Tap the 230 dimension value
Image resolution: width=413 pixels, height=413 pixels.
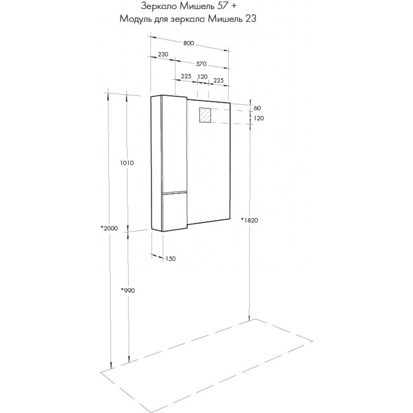click(x=163, y=55)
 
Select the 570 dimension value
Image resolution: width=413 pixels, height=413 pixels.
click(x=201, y=64)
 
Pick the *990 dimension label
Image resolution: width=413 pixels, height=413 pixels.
click(x=128, y=290)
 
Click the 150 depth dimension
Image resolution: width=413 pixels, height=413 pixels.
click(x=171, y=259)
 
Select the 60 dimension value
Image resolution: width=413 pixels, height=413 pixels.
click(x=257, y=108)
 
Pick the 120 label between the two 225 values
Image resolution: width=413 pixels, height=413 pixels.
click(x=202, y=76)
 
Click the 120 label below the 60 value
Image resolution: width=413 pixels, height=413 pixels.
click(x=258, y=119)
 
